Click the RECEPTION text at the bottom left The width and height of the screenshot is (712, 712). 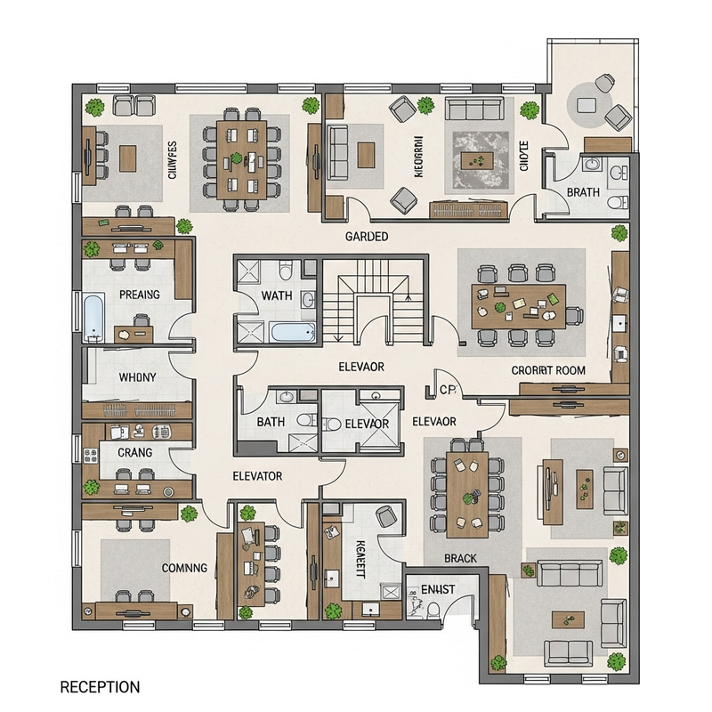pos(99,687)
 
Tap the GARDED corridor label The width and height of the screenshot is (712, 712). pos(367,237)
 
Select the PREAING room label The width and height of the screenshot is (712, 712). pos(139,295)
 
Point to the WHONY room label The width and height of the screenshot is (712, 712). pos(137,377)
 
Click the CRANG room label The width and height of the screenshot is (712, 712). pos(134,452)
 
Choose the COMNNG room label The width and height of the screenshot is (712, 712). pos(183,567)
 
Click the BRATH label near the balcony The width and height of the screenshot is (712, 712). pos(583,192)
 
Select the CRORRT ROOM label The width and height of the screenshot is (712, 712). pos(548,370)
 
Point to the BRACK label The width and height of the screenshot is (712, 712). pos(460,559)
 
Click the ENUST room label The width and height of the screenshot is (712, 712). pos(438,588)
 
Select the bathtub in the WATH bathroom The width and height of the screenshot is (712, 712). pos(292,334)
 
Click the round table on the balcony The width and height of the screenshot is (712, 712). pos(587,104)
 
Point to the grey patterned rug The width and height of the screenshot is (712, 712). pos(481,160)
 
